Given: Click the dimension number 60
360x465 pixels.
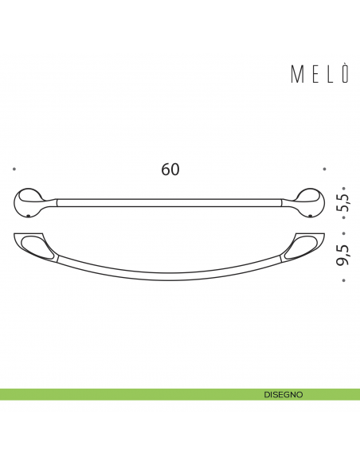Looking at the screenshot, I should coord(170,170).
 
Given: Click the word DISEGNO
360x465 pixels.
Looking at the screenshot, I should coord(283,394).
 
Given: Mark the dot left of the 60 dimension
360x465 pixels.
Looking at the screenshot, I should coord(15,169).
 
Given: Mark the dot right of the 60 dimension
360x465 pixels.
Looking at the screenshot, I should coord(324,169).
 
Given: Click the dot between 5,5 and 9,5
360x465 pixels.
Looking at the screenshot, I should coord(342,234).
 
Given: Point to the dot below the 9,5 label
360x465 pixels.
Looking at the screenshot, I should coord(342,281).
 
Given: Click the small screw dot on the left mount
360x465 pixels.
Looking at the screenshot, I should coord(29,215).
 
